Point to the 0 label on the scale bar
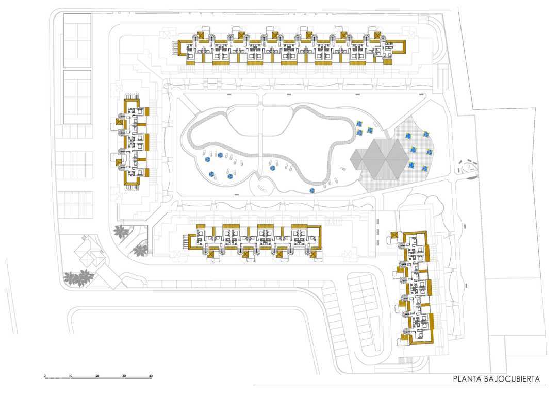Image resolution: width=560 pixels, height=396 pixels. (45, 376)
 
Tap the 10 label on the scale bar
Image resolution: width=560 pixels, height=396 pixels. (71, 376)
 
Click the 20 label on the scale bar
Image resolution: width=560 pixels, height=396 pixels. (97, 376)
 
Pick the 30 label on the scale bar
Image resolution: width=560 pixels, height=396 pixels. (124, 376)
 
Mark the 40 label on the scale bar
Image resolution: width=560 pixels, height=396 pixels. (151, 376)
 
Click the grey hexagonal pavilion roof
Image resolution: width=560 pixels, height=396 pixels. (380, 159)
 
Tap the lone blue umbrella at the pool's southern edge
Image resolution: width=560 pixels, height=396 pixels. (312, 191)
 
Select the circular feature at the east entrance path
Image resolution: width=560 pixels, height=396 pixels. (467, 167)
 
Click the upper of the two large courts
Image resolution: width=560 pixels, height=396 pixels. (77, 41)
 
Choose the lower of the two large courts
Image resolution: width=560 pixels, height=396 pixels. (77, 97)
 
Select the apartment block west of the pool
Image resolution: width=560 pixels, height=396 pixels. (132, 142)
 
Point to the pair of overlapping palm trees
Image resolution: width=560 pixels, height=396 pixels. (78, 278)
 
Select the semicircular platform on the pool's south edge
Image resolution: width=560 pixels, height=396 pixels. (263, 186)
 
